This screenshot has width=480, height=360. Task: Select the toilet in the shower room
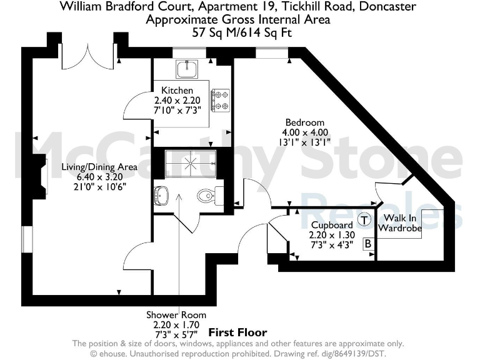tap(207, 196)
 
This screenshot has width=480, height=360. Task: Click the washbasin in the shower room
tap(162, 195)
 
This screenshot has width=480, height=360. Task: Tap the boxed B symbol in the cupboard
tap(368, 243)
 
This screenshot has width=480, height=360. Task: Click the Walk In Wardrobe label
tap(401, 223)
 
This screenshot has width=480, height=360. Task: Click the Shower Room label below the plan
tap(176, 315)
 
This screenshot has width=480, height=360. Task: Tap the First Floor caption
tap(237, 332)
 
